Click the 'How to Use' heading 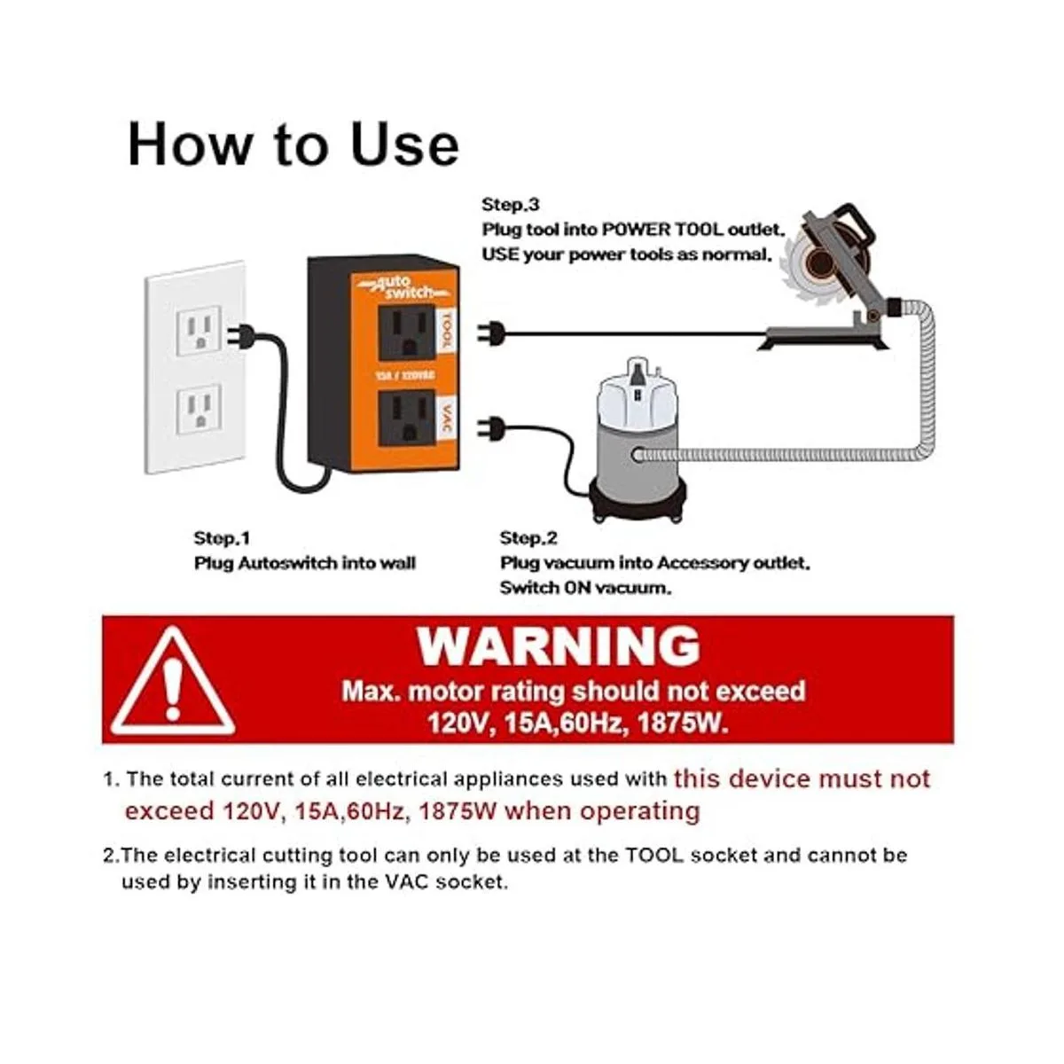point(293,145)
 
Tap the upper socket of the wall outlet point(199,332)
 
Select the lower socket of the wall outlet point(199,409)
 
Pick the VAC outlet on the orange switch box point(407,418)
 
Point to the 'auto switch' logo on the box point(403,287)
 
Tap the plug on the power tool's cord point(489,333)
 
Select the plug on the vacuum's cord point(489,429)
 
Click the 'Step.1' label point(222,538)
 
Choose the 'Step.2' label point(528,538)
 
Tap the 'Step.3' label point(511,204)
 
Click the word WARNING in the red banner point(559,646)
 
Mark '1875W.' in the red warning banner point(683,723)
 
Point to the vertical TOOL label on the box point(446,330)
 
